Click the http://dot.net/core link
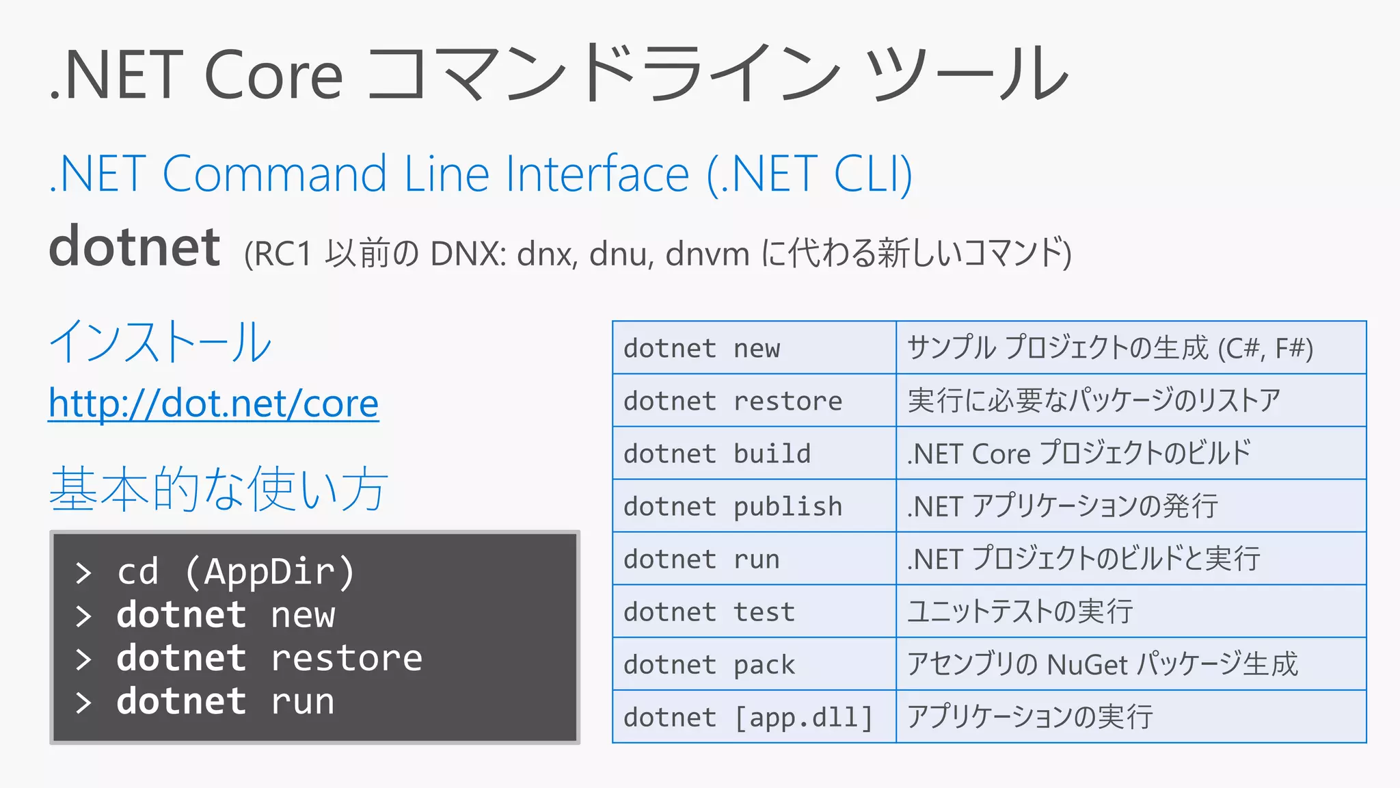pyautogui.click(x=213, y=404)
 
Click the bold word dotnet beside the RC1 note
pyautogui.click(x=135, y=248)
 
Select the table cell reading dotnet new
pyautogui.click(x=753, y=348)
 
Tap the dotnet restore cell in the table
pyautogui.click(x=753, y=401)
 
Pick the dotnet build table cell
pyautogui.click(x=753, y=454)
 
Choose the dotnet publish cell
pyautogui.click(x=753, y=506)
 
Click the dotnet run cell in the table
pyautogui.click(x=753, y=559)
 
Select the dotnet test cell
pyautogui.click(x=753, y=612)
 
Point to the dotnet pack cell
pyautogui.click(x=753, y=664)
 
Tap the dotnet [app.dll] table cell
pyautogui.click(x=753, y=717)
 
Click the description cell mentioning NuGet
pyautogui.click(x=1130, y=664)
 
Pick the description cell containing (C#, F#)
pyautogui.click(x=1130, y=348)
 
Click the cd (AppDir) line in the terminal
pyautogui.click(x=236, y=572)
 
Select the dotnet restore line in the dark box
pyautogui.click(x=269, y=658)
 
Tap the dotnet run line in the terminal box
pyautogui.click(x=226, y=702)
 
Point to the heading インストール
pyautogui.click(x=161, y=342)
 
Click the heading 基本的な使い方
pyautogui.click(x=219, y=488)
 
